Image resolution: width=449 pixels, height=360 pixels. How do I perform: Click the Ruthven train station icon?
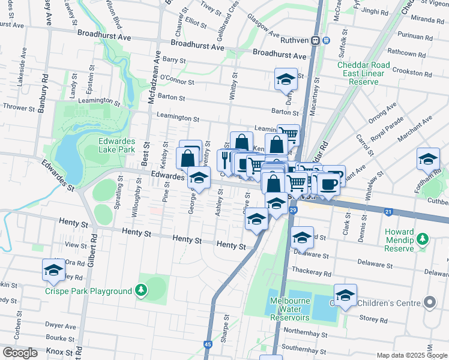pyautogui.click(x=321, y=40)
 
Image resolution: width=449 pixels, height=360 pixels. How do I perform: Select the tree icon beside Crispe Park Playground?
pyautogui.click(x=141, y=291)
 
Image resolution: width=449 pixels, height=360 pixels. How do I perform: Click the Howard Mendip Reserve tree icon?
pyautogui.click(x=423, y=239)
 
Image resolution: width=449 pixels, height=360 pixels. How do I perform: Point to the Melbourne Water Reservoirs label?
pyautogui.click(x=289, y=309)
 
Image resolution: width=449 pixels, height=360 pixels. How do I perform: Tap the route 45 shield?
pyautogui.click(x=208, y=344)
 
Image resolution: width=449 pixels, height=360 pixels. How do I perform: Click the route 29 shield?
pyautogui.click(x=293, y=209)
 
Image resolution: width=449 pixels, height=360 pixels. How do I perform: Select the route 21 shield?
pyautogui.click(x=388, y=212)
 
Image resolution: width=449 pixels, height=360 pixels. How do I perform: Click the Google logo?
pyautogui.click(x=20, y=352)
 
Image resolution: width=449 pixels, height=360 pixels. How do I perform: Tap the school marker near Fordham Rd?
pyautogui.click(x=427, y=159)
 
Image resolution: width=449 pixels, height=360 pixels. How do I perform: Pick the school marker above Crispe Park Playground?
pyautogui.click(x=53, y=270)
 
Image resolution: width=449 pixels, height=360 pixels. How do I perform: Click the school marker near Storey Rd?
pyautogui.click(x=345, y=295)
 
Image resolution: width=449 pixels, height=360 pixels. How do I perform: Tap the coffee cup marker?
pyautogui.click(x=328, y=184)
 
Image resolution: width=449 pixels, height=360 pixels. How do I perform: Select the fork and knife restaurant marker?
pyautogui.click(x=224, y=159)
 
